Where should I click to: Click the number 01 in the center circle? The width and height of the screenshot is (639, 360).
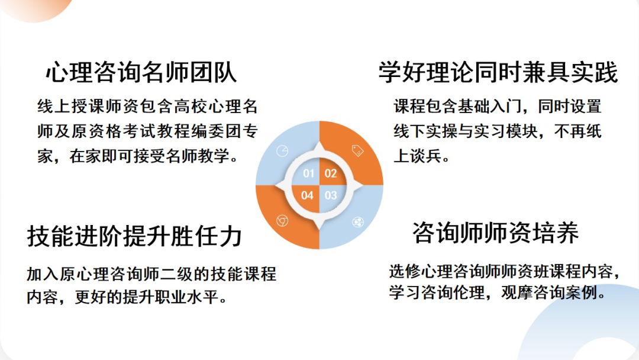[x=309, y=173]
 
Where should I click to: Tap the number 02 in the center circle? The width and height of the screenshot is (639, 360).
[x=331, y=173]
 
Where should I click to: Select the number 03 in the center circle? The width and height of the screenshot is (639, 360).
[x=331, y=195]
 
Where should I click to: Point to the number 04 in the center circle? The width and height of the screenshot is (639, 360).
[x=308, y=195]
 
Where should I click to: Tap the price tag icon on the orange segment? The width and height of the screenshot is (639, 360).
[x=357, y=150]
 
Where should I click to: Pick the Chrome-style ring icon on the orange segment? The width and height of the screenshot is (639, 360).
[x=282, y=221]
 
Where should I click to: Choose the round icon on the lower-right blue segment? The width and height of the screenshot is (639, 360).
[x=358, y=222]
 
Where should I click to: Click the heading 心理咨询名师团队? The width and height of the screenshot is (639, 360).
[x=141, y=73]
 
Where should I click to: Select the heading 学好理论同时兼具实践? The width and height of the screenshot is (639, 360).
[x=498, y=73]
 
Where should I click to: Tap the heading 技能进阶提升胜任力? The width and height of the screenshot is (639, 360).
[x=135, y=236]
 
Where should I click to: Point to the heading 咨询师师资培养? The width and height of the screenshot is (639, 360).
[x=495, y=233]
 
